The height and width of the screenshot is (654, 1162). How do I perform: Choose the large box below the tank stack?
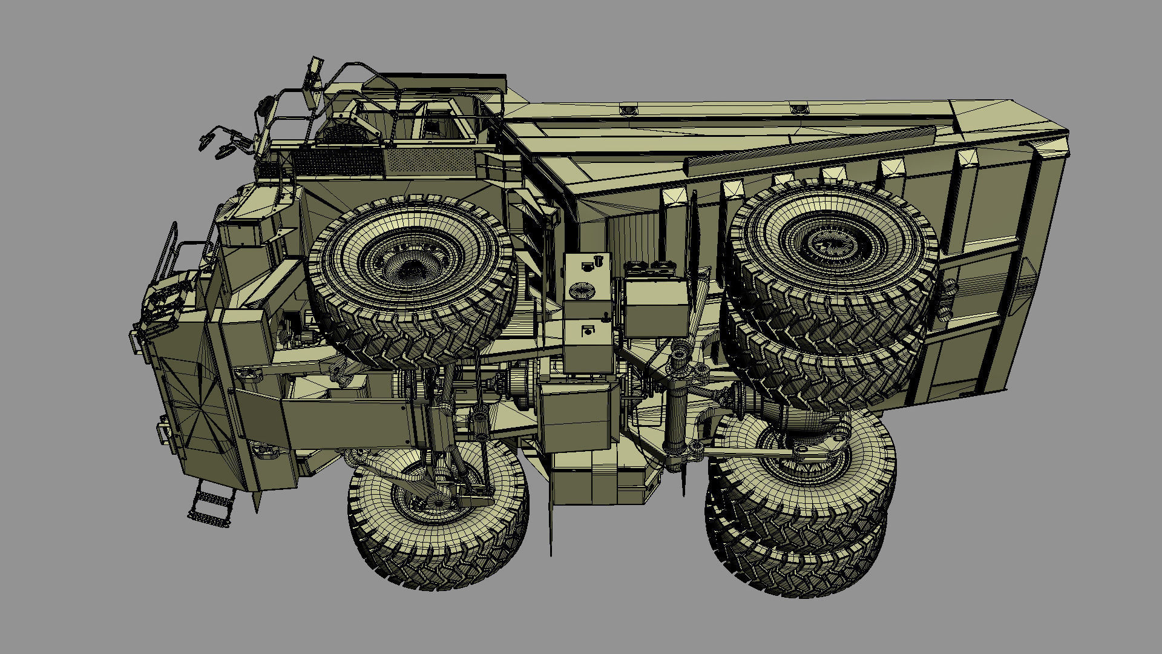[x=575, y=418]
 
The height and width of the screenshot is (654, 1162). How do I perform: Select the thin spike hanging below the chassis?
[x=551, y=521]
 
